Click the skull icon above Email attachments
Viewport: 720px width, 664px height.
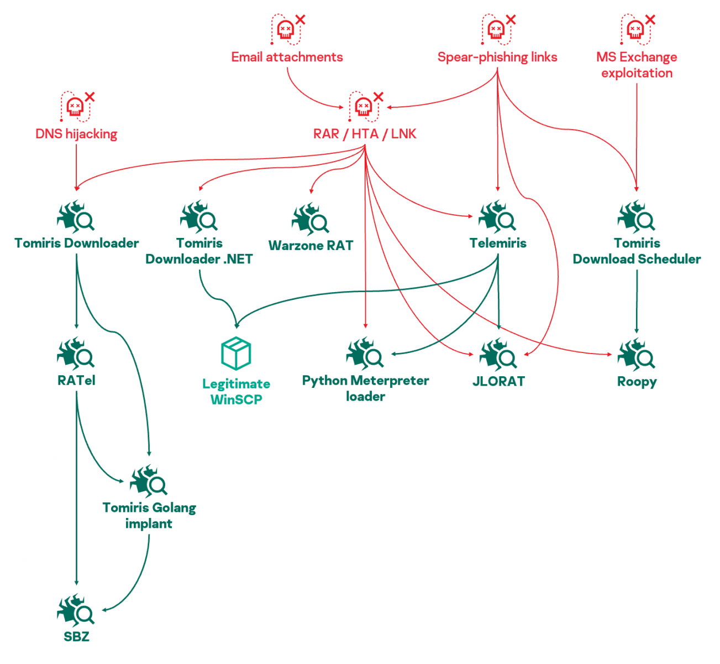[286, 29]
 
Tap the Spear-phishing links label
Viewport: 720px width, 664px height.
[497, 57]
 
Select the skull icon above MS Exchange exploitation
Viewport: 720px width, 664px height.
[636, 29]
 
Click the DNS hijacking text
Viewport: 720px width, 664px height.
[76, 134]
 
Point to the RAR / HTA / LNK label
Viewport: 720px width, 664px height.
[365, 134]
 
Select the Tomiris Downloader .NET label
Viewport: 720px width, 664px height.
[199, 251]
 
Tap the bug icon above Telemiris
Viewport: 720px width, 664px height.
[497, 217]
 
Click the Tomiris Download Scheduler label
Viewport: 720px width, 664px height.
[637, 251]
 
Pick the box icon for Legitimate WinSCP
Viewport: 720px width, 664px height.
[236, 353]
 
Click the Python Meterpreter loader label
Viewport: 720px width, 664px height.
[365, 388]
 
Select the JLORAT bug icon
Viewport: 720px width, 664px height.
[497, 355]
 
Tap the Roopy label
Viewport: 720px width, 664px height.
[637, 382]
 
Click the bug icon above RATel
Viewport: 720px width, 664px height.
[76, 355]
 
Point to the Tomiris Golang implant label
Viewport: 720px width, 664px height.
[149, 515]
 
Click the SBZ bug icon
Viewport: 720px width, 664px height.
[76, 611]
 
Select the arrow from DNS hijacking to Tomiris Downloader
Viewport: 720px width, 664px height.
[76, 166]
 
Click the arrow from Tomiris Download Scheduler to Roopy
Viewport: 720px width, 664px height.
[637, 302]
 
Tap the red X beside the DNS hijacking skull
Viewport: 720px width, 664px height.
[90, 97]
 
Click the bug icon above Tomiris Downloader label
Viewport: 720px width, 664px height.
[76, 217]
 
